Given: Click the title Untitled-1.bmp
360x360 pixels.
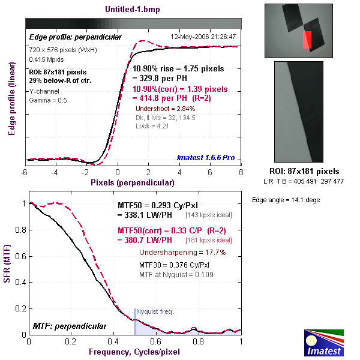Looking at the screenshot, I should point(133,10).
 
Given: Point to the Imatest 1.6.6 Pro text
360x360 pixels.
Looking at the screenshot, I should point(206,158).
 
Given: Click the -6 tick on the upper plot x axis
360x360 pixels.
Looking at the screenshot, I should point(25,172).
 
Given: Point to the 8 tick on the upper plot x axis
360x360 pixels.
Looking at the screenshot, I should point(241,172).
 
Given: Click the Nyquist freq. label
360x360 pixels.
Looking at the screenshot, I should point(154,311).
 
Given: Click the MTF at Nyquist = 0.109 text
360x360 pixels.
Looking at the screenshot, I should point(176,274).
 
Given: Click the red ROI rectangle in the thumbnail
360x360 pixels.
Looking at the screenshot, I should point(307,40).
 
